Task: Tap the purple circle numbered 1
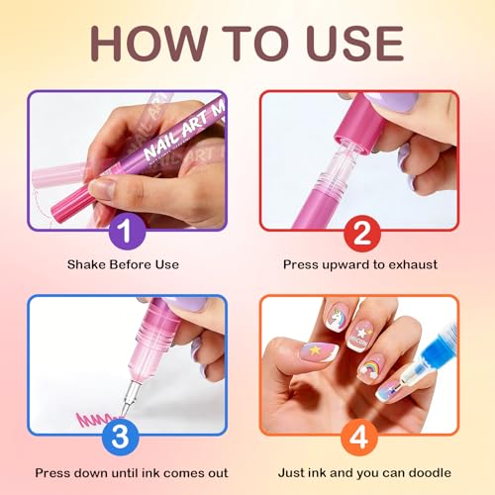pyautogui.click(x=126, y=235)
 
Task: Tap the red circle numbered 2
pyautogui.click(x=359, y=235)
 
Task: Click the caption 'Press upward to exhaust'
pyautogui.click(x=359, y=265)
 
